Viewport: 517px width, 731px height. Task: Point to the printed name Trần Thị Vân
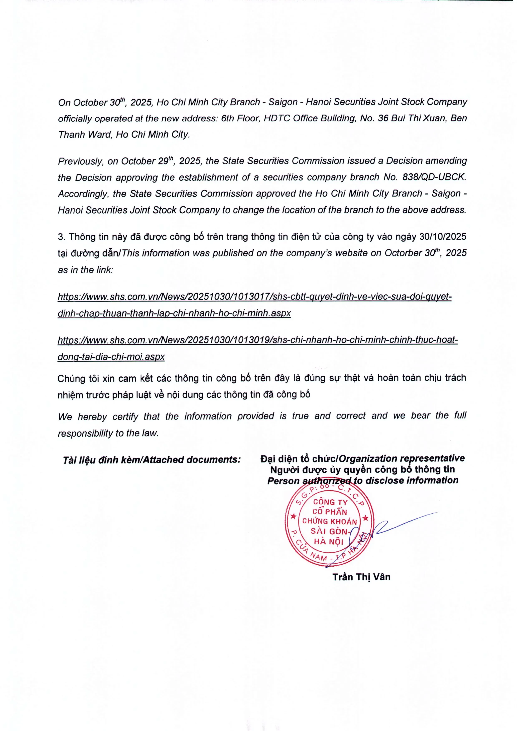click(361, 577)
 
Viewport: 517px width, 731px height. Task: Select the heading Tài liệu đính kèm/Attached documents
click(152, 460)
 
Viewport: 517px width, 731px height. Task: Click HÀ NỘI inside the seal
click(328, 541)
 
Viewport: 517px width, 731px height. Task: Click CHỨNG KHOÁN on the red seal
click(330, 522)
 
